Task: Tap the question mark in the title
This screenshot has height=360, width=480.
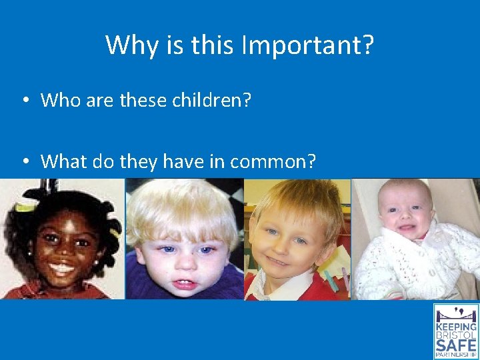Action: pyautogui.click(x=367, y=45)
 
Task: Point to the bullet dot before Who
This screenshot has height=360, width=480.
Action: pyautogui.click(x=23, y=101)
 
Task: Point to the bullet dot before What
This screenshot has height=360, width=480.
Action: pyautogui.click(x=23, y=161)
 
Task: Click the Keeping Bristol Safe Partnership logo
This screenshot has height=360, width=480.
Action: pyautogui.click(x=456, y=331)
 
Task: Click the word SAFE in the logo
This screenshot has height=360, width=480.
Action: pyautogui.click(x=456, y=344)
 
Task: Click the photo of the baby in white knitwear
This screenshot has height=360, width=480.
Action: pyautogui.click(x=415, y=238)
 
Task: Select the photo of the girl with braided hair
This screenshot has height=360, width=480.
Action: pyautogui.click(x=62, y=238)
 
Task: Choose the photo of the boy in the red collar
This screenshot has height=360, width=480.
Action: pyautogui.click(x=297, y=238)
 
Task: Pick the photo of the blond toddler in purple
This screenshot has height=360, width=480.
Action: pyautogui.click(x=185, y=238)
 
